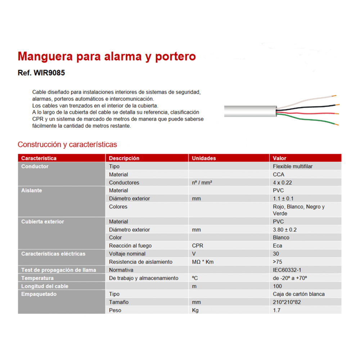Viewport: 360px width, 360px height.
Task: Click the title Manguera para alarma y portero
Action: click(x=107, y=57)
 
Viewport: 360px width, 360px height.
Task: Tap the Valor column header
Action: click(x=280, y=158)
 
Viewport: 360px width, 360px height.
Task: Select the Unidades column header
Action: click(x=204, y=158)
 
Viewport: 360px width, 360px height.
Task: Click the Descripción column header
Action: click(x=124, y=158)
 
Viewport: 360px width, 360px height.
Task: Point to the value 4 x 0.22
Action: click(x=282, y=183)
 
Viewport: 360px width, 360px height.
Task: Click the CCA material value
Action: click(x=278, y=175)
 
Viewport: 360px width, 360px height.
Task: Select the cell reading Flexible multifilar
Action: click(x=293, y=166)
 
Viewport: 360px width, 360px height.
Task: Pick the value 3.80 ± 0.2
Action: click(x=285, y=230)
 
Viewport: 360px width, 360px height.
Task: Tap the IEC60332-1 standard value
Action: click(x=287, y=270)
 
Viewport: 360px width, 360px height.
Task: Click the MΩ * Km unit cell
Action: click(x=203, y=262)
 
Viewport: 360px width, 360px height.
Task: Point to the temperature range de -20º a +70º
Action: click(x=290, y=278)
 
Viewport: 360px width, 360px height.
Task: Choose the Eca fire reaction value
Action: click(x=277, y=246)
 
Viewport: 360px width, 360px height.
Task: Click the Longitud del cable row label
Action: click(x=45, y=286)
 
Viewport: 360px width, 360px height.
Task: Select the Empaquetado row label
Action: click(x=39, y=294)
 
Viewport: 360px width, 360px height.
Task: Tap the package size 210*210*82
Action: click(x=287, y=302)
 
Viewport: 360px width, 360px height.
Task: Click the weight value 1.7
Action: click(x=276, y=310)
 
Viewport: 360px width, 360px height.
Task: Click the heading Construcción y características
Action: click(x=67, y=144)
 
